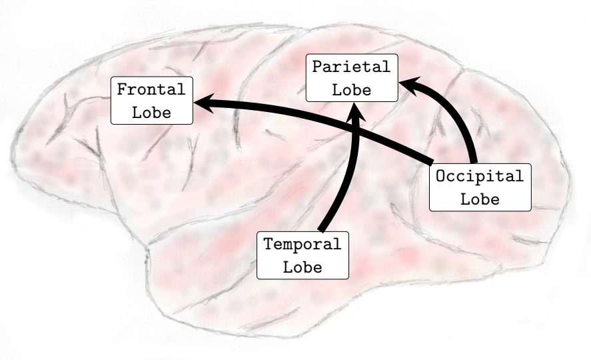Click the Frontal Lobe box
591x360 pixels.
151,100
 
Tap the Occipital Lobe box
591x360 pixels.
480,187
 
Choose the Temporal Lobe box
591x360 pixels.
302,255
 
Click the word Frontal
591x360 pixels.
151,89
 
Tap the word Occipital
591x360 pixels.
480,177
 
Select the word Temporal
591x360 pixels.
302,244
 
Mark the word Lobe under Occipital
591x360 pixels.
480,199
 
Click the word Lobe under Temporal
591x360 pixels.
302,267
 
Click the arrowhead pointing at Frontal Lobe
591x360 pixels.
202,103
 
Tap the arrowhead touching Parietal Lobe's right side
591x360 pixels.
407,84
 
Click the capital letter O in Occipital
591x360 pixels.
440,177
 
